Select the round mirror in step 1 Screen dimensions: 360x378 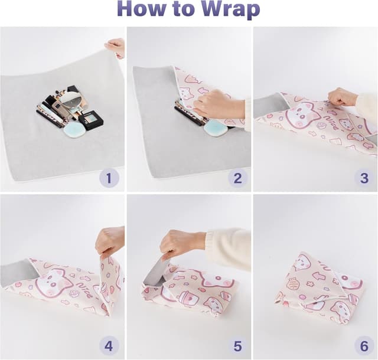point(70,98)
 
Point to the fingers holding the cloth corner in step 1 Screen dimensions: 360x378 point(116,47)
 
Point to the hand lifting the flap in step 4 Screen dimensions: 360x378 point(110,241)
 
